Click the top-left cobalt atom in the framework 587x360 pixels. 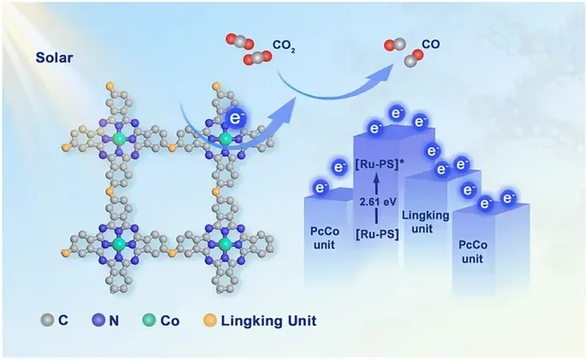[119, 138]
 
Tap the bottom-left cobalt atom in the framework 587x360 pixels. [119, 244]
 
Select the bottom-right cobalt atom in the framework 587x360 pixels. [225, 244]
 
